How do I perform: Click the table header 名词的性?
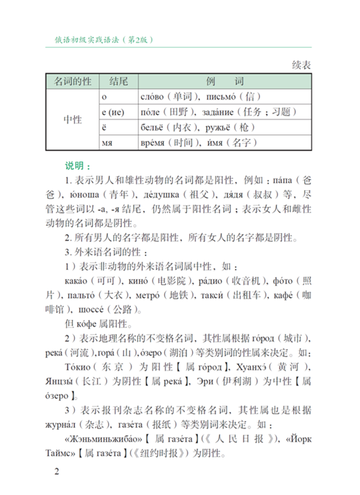click(x=72, y=81)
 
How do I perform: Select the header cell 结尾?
click(x=118, y=81)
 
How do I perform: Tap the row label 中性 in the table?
click(x=72, y=120)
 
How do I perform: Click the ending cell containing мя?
click(x=107, y=143)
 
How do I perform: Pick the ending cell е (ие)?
click(x=113, y=112)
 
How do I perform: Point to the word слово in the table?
click(x=152, y=97)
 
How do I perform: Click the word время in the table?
click(x=153, y=143)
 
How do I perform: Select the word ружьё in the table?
click(x=217, y=127)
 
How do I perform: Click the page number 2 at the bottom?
click(x=57, y=471)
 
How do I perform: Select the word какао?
click(x=76, y=281)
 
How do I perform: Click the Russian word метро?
click(x=147, y=295)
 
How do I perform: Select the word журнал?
click(x=60, y=424)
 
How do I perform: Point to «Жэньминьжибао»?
click(x=103, y=439)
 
